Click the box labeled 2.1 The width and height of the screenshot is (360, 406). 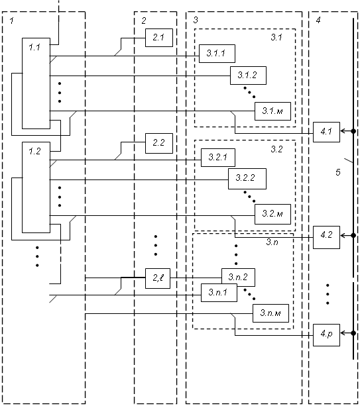[x=159, y=38]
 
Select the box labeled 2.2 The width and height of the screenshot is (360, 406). [x=159, y=143]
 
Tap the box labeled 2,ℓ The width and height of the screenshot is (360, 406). [x=158, y=278]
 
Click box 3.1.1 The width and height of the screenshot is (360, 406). [x=217, y=54]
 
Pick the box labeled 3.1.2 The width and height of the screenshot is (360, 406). [x=248, y=76]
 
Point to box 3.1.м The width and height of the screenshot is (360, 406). [x=272, y=111]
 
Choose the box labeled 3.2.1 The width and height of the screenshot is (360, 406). [x=218, y=158]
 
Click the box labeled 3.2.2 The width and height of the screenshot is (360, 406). [x=247, y=179]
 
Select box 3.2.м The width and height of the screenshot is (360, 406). [x=272, y=214]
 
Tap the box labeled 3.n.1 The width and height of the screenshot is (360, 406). [x=219, y=293]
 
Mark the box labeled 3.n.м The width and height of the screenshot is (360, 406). [x=270, y=313]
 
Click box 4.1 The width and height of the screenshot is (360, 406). [x=326, y=132]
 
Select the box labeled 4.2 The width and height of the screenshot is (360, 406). [x=326, y=237]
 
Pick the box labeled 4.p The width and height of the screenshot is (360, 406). [x=326, y=335]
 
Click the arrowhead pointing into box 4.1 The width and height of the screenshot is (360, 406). [x=343, y=131]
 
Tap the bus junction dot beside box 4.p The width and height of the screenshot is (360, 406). [x=353, y=333]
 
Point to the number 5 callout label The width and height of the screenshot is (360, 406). [x=338, y=172]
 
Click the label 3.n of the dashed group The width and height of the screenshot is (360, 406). [x=272, y=242]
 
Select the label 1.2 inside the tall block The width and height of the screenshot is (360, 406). [x=34, y=151]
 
